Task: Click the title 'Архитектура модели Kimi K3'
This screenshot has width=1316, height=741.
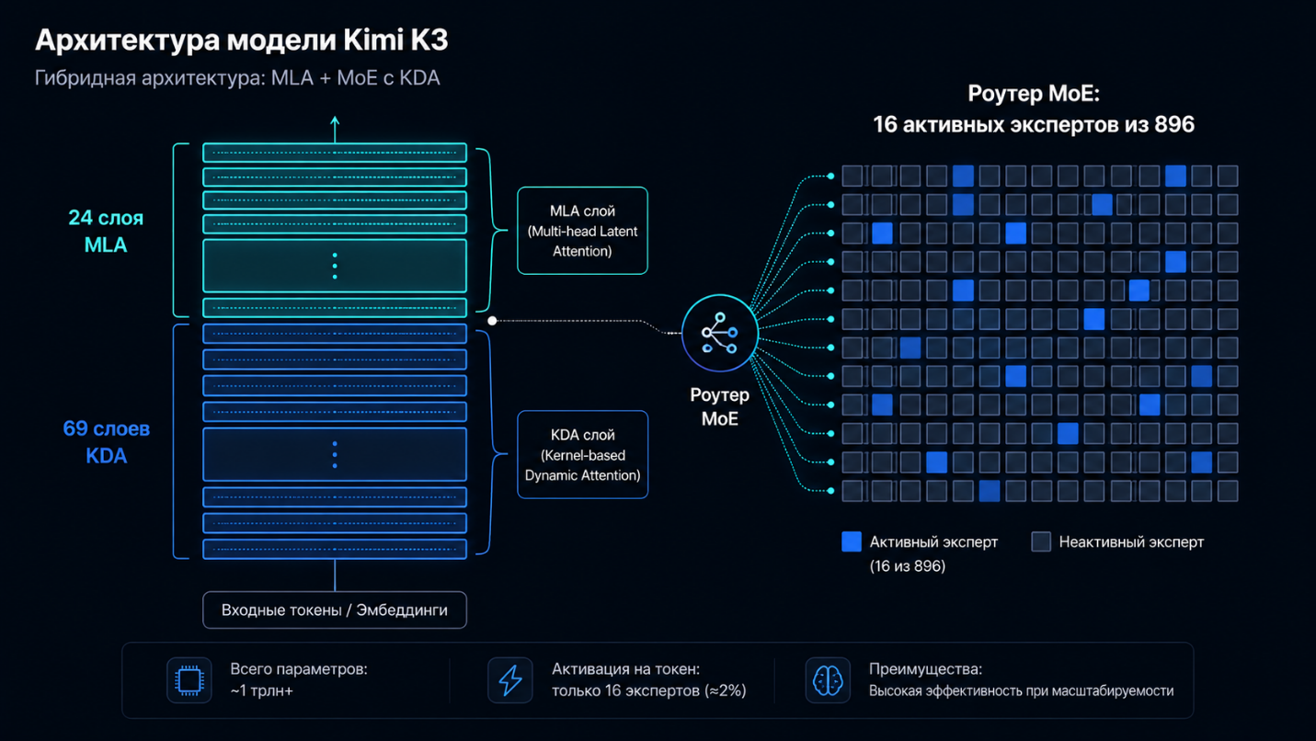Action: coord(242,40)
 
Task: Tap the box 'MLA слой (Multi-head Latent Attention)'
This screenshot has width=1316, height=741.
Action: coord(582,231)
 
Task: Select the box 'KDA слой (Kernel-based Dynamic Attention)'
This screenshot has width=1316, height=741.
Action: coord(582,454)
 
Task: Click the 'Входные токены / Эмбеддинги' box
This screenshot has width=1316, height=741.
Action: coord(335,610)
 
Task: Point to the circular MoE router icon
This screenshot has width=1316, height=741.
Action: coord(720,333)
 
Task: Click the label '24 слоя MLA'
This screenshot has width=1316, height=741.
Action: coord(106,231)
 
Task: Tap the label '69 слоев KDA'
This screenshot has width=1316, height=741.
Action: coord(107,441)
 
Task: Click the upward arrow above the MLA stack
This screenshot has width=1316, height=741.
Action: coord(335,130)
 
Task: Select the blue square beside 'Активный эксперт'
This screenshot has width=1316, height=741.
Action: coord(852,541)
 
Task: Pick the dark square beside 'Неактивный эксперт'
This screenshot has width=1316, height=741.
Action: coord(1041,541)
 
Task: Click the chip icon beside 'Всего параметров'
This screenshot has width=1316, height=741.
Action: coord(189,680)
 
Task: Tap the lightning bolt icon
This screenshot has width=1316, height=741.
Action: coord(510,680)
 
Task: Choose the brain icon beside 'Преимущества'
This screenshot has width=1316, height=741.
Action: coord(828,680)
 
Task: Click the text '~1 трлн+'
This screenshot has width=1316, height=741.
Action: coord(261,690)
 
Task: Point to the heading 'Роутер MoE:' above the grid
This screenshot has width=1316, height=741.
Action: coord(1034,94)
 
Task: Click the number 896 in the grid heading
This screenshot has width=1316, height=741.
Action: coord(1174,124)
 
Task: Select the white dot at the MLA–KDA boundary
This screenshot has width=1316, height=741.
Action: coord(492,321)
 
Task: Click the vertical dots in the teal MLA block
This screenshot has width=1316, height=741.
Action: coord(335,266)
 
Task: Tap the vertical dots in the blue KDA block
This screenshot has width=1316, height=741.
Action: coord(335,455)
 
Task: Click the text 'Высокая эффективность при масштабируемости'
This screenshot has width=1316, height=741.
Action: coord(1021,691)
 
